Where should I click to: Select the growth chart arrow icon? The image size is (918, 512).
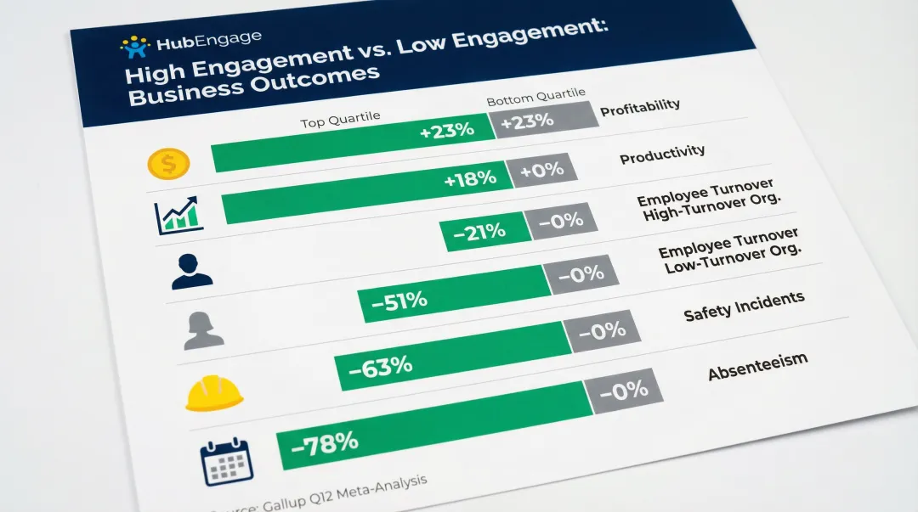point(179,216)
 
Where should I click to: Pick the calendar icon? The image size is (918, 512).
point(227,462)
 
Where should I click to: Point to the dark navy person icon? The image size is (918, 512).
point(191,271)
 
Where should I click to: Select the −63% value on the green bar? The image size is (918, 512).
point(381,367)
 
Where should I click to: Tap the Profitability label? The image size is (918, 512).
point(640,108)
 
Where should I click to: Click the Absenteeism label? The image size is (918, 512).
point(757,367)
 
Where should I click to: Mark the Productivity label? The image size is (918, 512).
point(662,155)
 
